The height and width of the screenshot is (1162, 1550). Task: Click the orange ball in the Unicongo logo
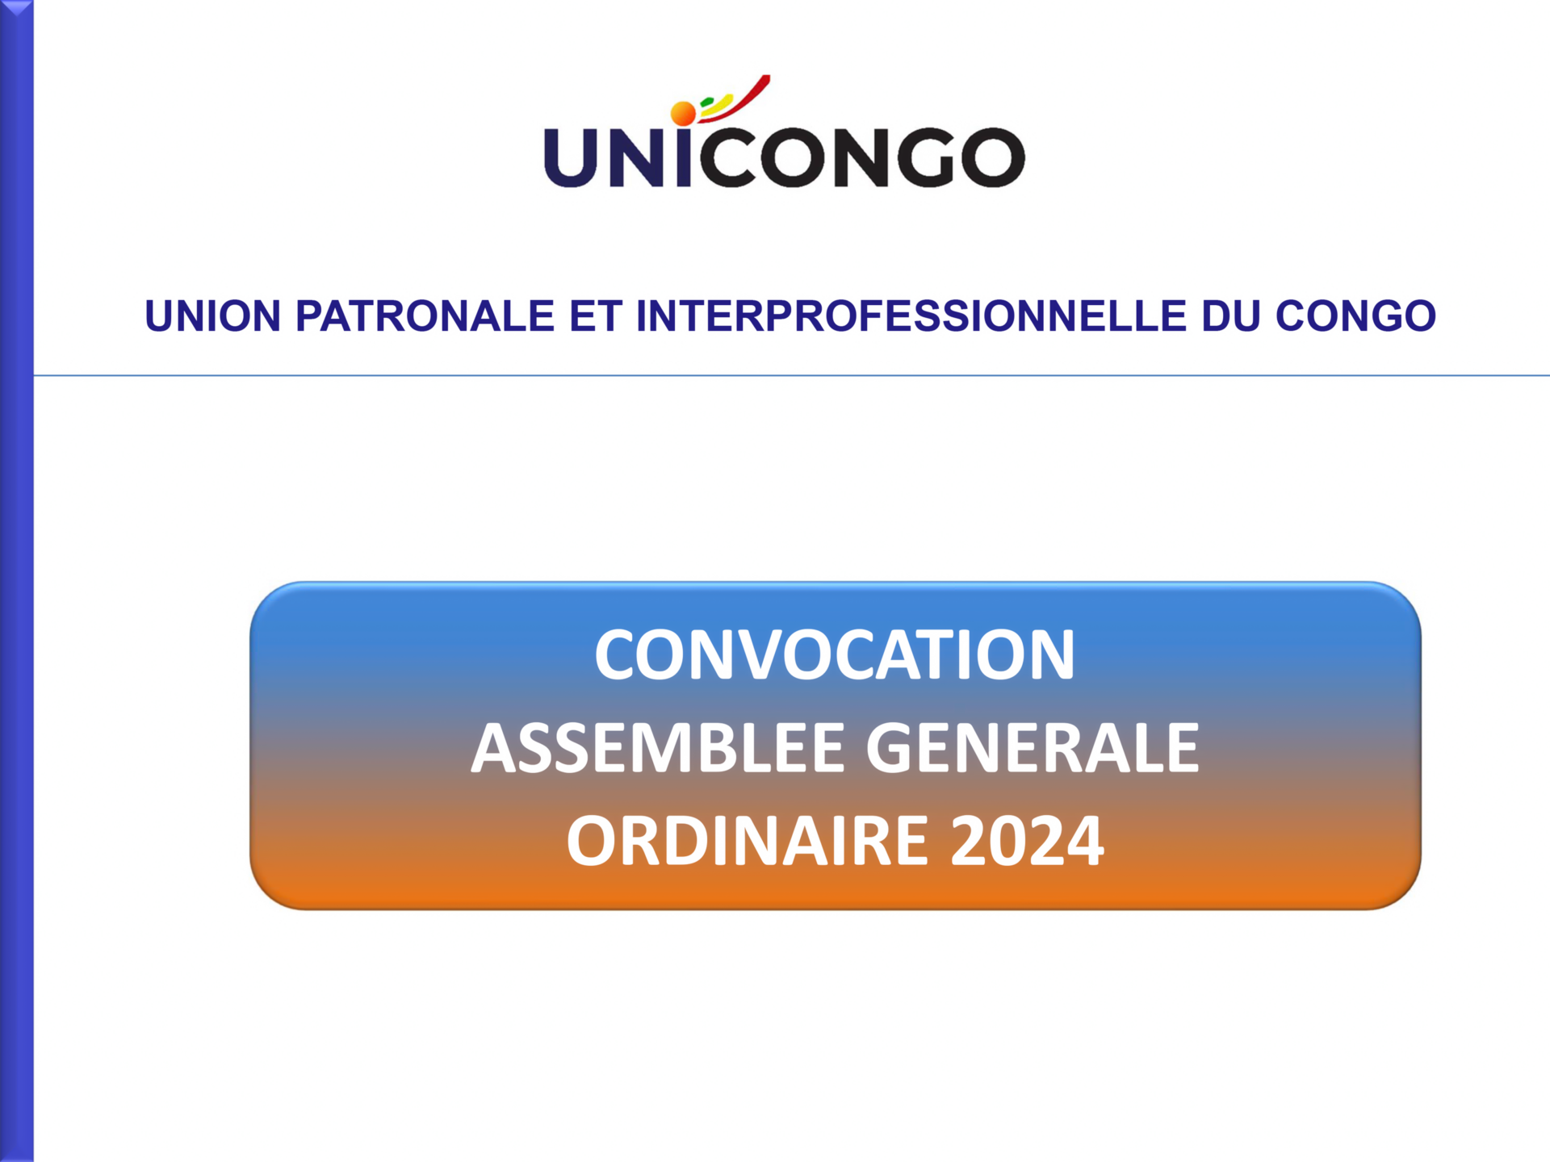(683, 114)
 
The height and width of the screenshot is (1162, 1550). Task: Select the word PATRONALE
(425, 316)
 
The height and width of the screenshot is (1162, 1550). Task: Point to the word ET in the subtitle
(596, 316)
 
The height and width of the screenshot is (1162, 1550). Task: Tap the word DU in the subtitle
(1230, 316)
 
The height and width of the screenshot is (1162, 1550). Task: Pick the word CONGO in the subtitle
(1355, 316)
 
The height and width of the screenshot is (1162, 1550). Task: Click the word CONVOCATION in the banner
(835, 654)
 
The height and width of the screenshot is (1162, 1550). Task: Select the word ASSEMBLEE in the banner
(658, 749)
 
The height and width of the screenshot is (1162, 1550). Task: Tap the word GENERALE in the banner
(1033, 749)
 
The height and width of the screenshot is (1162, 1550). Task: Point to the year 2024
(1027, 841)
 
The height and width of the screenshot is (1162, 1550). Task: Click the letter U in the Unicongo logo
(572, 157)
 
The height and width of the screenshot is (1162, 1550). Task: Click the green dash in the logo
(707, 102)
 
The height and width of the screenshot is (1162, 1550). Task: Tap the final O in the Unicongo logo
(992, 157)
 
